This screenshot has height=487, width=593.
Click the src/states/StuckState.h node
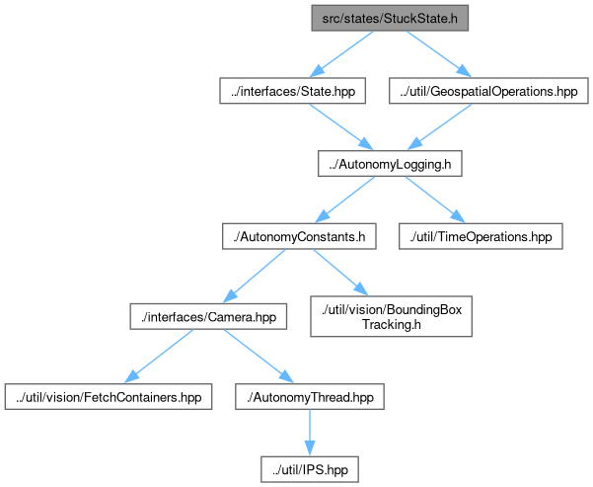[x=390, y=18]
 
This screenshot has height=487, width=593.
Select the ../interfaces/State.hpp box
[x=292, y=91]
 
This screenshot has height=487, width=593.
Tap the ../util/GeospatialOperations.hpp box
[x=488, y=91]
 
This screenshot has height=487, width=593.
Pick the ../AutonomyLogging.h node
[x=390, y=164]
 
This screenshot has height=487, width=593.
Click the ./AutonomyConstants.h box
[x=299, y=236]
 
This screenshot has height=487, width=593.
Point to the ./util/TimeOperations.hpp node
[x=481, y=236]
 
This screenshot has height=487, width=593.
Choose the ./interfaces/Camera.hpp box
[x=208, y=316]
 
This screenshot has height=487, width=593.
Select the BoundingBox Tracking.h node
[x=391, y=316]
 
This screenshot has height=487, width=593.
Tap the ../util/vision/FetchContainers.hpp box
[x=109, y=397]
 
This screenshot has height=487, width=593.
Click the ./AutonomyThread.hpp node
[x=310, y=397]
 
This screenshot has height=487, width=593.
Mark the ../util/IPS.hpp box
[x=310, y=469]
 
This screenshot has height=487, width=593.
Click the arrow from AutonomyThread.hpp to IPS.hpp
[x=310, y=433]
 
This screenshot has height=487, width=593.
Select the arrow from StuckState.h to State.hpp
[x=341, y=53]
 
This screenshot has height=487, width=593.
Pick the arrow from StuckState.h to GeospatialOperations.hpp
[x=439, y=53]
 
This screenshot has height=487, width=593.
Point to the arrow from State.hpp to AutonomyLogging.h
[x=341, y=126]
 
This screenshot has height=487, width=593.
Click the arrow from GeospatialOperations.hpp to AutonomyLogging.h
[x=439, y=126]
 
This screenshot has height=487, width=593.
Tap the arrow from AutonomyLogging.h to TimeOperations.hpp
[x=435, y=200]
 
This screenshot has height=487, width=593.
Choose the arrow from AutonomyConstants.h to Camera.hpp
[x=254, y=276]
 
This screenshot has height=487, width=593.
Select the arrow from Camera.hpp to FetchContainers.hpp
[x=159, y=357]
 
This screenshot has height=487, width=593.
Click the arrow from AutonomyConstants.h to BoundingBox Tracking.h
[x=340, y=273]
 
